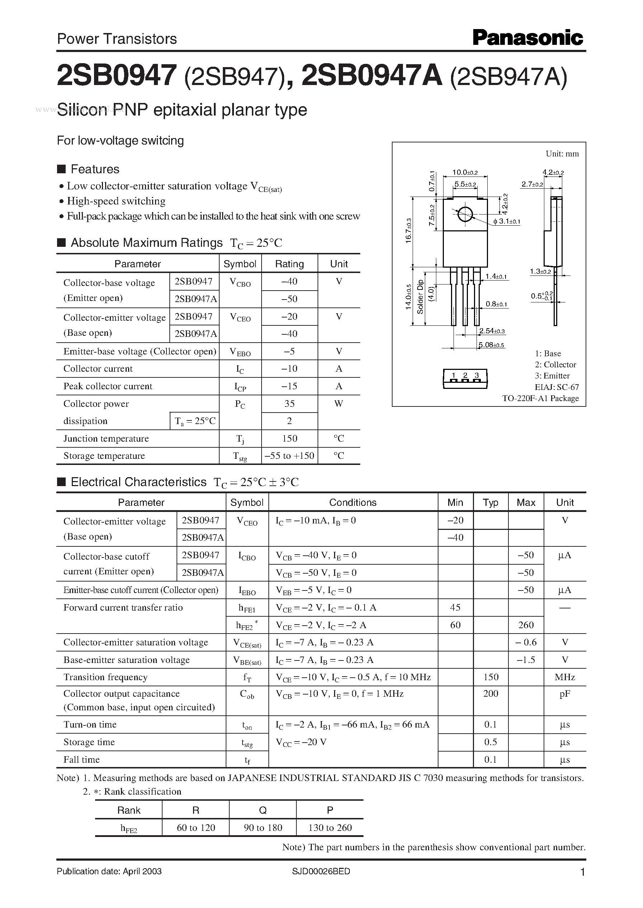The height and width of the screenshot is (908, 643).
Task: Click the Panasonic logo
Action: tap(527, 38)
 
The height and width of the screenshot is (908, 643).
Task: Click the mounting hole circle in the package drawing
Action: tap(465, 214)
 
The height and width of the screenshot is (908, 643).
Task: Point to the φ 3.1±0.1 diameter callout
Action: tap(507, 222)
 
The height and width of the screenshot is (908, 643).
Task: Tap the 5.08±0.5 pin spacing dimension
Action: tap(491, 345)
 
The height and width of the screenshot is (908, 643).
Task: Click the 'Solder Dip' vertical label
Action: tap(421, 297)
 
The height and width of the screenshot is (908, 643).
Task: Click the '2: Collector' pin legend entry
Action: tap(555, 364)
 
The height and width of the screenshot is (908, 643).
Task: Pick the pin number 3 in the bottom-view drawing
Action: tap(477, 375)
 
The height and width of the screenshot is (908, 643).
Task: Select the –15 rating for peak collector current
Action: tap(290, 386)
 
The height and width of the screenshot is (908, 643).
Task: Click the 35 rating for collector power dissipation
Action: tap(290, 403)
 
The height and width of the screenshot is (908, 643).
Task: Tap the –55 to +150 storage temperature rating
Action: tap(290, 456)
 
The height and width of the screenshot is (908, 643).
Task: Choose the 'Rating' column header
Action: tap(290, 264)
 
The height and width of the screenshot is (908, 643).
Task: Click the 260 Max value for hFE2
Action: tap(526, 625)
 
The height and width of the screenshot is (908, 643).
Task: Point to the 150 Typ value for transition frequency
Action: tap(491, 677)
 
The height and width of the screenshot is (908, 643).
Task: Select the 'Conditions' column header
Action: tap(353, 502)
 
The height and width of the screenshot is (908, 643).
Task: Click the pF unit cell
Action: tap(565, 694)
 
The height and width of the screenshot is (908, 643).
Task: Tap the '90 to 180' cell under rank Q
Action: tap(263, 828)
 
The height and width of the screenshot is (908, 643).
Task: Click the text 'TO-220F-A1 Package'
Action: tap(540, 398)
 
